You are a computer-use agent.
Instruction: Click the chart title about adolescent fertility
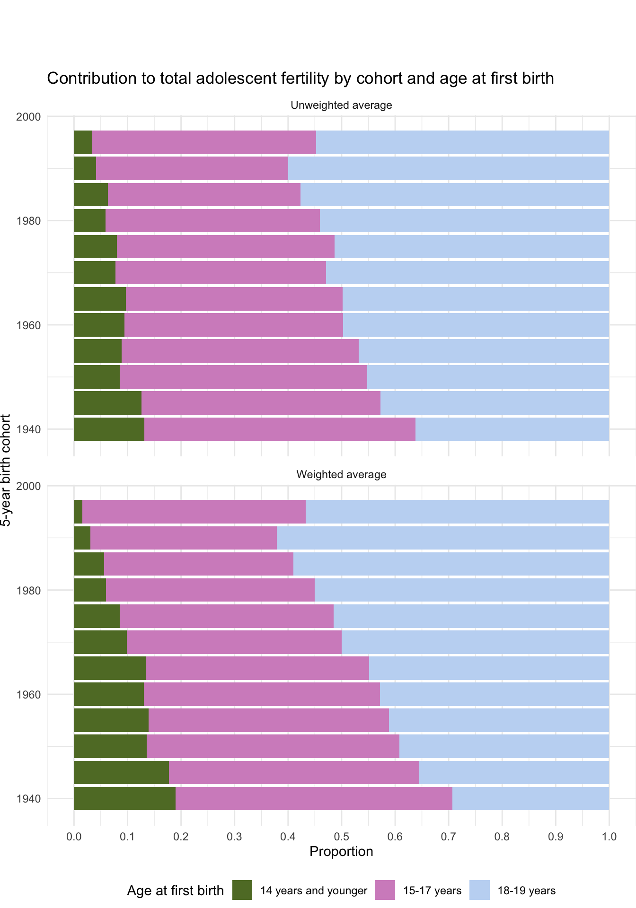tap(300, 79)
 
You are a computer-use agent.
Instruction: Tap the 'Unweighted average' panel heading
tap(341, 105)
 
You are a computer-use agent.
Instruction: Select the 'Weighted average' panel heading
tap(341, 474)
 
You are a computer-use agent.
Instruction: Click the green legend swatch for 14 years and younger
tap(242, 890)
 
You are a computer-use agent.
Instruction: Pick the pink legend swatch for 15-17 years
tap(385, 890)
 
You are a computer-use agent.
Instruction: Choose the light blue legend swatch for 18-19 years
tap(479, 890)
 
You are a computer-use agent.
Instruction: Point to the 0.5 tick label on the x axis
tap(341, 836)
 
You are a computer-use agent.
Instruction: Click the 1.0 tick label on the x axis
tap(609, 836)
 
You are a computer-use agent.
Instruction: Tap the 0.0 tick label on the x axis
tap(74, 836)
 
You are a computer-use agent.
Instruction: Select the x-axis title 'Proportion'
tap(341, 852)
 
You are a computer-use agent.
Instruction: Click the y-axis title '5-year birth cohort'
tap(6, 470)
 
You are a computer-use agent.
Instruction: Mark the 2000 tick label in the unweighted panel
tap(29, 116)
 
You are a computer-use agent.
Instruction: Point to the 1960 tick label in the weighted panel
tap(29, 694)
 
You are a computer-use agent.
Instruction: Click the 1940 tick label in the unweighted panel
tap(29, 429)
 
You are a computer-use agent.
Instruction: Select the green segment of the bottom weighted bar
tap(124, 798)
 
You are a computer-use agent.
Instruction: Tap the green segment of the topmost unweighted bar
tap(83, 142)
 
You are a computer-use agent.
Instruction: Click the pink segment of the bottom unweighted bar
tap(280, 429)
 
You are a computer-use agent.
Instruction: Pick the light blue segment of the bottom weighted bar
tap(530, 798)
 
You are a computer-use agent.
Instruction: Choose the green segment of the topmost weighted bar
tap(78, 512)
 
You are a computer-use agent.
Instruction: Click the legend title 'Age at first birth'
tap(175, 891)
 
